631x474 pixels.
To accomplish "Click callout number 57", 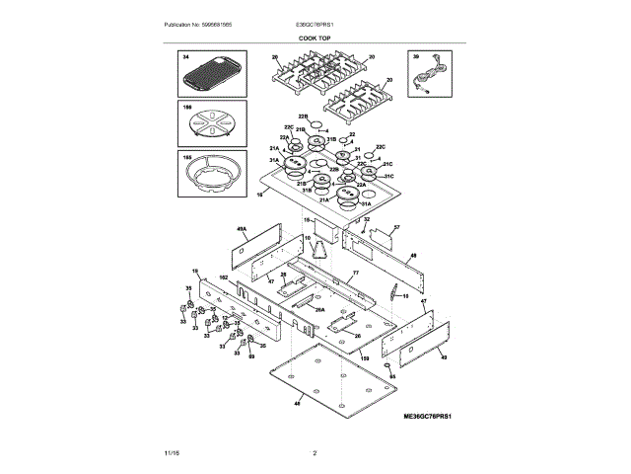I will point(396,228).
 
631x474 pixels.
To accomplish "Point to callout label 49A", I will point(241,229).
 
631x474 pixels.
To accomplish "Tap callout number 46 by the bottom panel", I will point(299,404).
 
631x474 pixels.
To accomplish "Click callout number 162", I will point(223,278).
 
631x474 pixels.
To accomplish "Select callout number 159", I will point(364,358).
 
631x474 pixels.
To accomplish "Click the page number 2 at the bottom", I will point(315,453).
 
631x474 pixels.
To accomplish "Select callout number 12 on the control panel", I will point(223,318).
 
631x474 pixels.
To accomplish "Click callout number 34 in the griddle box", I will point(184,59).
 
